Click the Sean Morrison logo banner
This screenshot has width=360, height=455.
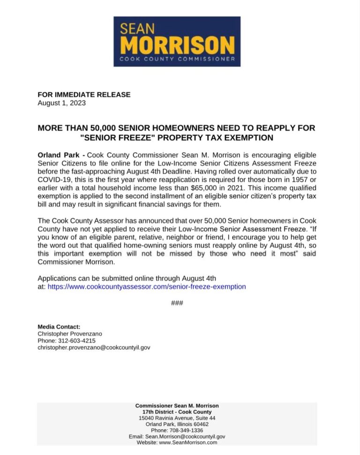(x=177, y=42)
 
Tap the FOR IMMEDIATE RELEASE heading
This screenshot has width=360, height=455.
(x=84, y=95)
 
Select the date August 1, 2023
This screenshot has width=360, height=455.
(x=61, y=103)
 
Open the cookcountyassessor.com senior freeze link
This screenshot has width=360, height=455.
(x=147, y=286)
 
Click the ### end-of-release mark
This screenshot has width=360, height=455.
(x=177, y=303)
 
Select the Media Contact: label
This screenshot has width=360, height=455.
(x=59, y=327)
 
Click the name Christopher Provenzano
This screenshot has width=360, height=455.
(x=70, y=334)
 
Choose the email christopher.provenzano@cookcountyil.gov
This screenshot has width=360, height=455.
(x=94, y=348)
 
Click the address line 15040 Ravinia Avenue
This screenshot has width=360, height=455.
(x=177, y=418)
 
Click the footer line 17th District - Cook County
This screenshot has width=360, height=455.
(x=177, y=412)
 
